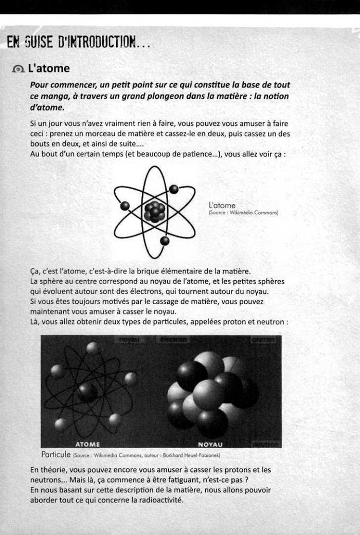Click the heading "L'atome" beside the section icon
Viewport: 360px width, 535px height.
49,68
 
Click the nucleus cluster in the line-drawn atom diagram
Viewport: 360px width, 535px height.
154,211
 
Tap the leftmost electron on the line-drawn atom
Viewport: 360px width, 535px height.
124,206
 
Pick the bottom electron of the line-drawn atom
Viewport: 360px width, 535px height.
165,241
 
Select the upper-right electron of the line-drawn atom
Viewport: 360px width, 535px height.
174,189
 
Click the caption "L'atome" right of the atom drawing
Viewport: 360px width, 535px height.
222,206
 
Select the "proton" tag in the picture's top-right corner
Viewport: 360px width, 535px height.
265,340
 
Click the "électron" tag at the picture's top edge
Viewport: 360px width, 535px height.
174,340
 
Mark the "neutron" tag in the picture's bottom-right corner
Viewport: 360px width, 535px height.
265,444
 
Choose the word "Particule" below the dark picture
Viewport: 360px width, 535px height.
58,455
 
